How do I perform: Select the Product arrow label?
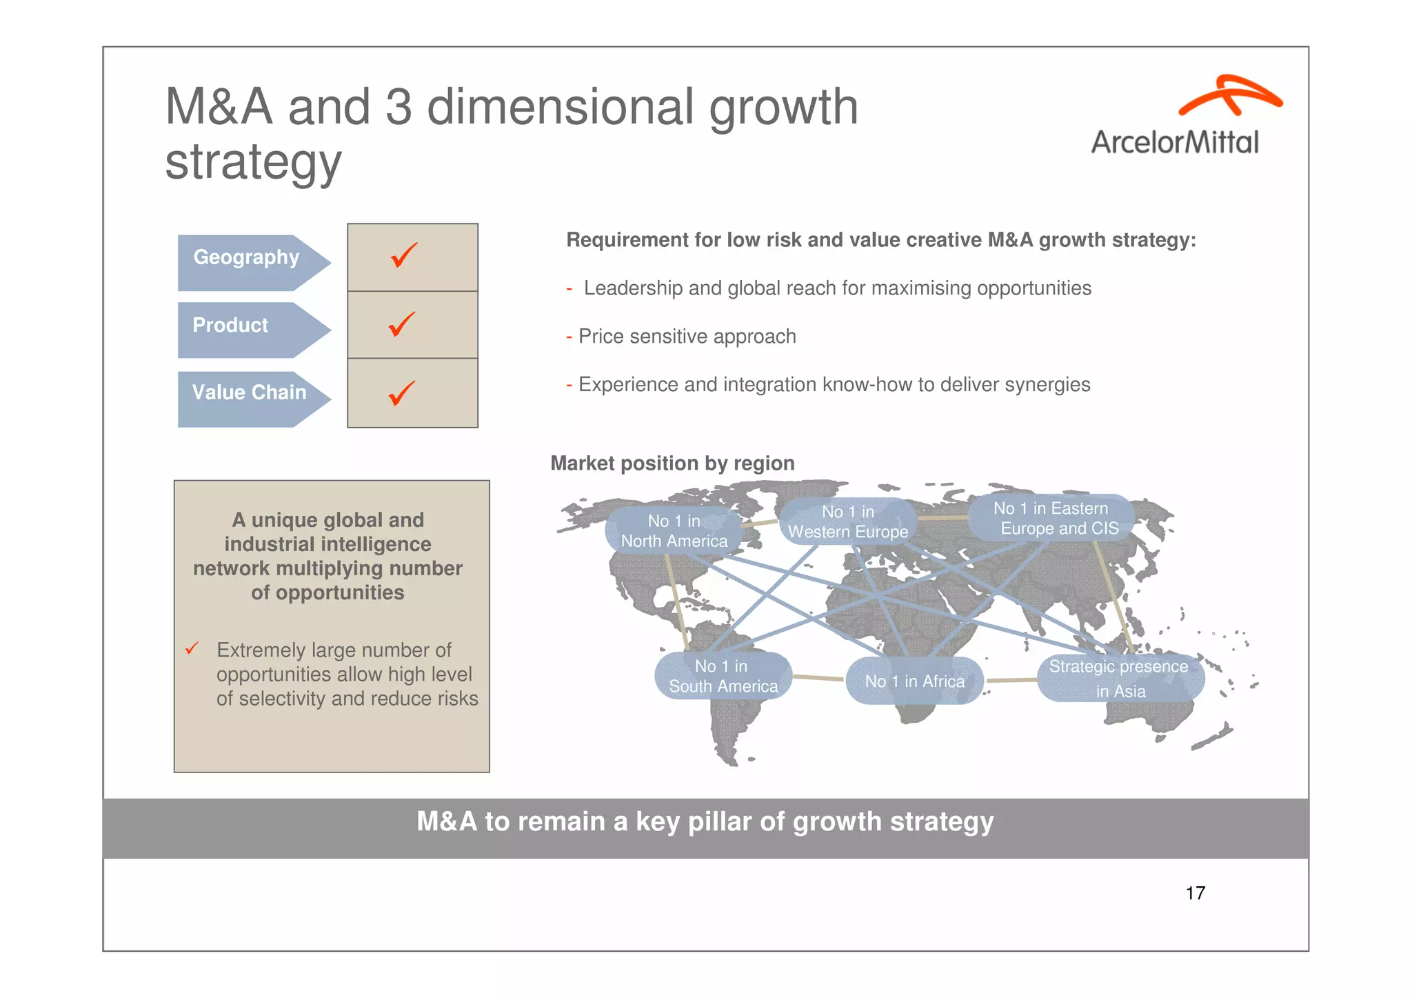tap(231, 326)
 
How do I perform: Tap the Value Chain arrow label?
tap(249, 393)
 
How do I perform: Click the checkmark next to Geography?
tap(404, 255)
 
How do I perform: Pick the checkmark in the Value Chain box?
tap(402, 393)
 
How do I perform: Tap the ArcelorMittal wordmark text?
tap(1174, 143)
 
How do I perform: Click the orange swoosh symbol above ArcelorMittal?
tap(1229, 96)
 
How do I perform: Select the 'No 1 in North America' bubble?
tap(674, 531)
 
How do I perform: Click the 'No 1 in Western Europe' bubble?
tap(848, 522)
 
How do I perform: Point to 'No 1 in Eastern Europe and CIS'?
tap(1053, 519)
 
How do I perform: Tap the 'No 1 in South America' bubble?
tap(723, 677)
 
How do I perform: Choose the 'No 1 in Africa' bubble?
tap(914, 681)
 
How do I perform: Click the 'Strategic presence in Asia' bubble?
tap(1120, 679)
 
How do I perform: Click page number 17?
tap(1195, 893)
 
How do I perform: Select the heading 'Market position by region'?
tap(672, 463)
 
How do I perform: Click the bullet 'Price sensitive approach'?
tap(687, 337)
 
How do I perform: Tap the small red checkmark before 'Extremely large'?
tap(192, 648)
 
